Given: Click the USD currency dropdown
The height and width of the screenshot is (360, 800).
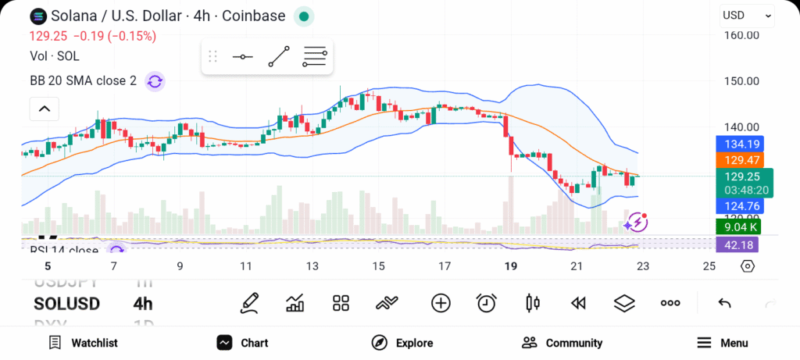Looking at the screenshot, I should point(747,16).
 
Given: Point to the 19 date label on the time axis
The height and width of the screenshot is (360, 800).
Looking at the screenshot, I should point(511,266).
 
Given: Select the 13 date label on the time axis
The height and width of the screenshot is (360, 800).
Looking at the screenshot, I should point(312,266).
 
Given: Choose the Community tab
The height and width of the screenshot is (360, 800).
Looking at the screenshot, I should point(562,343).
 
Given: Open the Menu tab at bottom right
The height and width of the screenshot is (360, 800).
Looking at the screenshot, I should point(722,343).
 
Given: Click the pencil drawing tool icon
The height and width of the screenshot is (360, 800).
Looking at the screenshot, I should point(249,303).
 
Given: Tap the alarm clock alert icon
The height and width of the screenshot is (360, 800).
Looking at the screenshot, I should point(487,303).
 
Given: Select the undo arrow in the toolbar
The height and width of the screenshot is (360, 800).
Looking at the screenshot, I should point(724,303).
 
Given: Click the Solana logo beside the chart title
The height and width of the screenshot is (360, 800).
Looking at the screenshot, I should point(37,16).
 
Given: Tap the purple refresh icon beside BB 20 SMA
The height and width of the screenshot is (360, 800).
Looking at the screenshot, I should point(155,81).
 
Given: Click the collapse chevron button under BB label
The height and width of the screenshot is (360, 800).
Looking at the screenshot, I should point(44,109).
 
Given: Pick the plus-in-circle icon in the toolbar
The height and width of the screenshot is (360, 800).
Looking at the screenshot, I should point(441,303).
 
